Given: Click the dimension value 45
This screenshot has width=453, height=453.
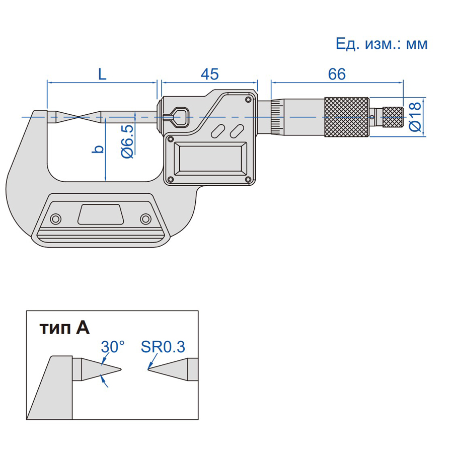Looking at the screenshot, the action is click(x=210, y=74).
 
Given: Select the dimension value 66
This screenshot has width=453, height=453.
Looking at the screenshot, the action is click(x=337, y=74).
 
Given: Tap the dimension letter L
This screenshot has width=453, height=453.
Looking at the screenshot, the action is click(x=102, y=74).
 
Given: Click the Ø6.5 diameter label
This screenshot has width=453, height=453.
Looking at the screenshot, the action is click(x=127, y=141).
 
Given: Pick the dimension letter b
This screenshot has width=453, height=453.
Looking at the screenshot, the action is click(x=98, y=149).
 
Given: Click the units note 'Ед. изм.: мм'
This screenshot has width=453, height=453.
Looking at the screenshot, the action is click(x=382, y=44).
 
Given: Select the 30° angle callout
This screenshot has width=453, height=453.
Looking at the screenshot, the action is click(x=113, y=346).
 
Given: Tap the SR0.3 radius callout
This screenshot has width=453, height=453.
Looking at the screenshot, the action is click(x=163, y=347).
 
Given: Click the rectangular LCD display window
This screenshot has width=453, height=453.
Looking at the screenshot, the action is click(x=210, y=159).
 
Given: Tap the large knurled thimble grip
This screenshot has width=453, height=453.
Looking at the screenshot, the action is click(x=347, y=117).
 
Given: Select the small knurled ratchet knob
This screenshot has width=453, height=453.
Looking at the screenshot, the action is click(x=393, y=117).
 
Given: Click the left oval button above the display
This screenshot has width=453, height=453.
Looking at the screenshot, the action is click(x=218, y=131).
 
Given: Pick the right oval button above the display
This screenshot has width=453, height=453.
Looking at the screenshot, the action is click(x=237, y=131).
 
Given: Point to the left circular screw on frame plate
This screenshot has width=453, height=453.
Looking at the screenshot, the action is click(x=55, y=219).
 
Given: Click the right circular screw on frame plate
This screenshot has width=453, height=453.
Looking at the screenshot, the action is click(x=145, y=219).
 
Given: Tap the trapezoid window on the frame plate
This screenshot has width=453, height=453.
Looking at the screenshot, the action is click(x=101, y=214).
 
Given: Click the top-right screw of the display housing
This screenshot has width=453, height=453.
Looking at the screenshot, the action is click(x=248, y=100).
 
